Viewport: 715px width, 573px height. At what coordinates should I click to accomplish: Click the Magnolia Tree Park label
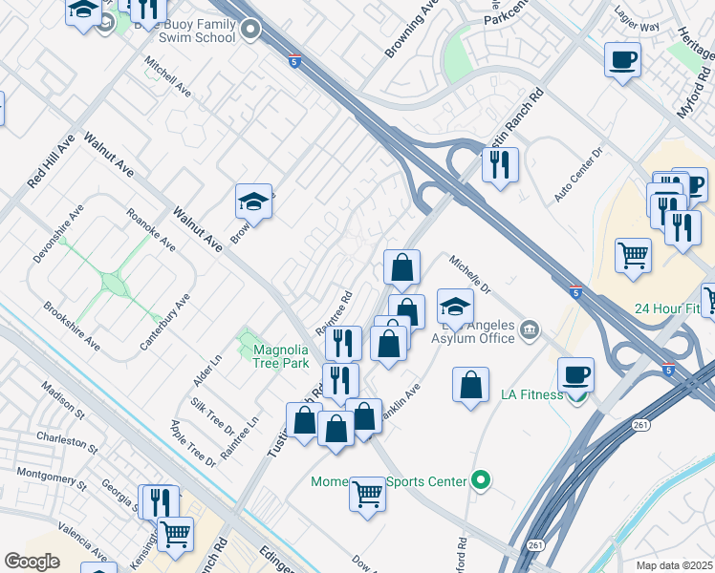(280, 355)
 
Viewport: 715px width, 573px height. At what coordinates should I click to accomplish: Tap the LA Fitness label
(532, 394)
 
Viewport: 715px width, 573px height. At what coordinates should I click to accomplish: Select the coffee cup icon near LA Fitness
(577, 373)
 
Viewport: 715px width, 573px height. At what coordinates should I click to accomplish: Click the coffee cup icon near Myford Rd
(622, 60)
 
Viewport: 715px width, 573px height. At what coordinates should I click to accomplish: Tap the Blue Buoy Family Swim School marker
(251, 31)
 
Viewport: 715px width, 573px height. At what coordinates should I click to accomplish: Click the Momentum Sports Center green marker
(482, 481)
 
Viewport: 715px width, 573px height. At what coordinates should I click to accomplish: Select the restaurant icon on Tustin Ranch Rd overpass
(500, 164)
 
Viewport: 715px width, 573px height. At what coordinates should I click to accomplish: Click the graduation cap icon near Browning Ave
(253, 202)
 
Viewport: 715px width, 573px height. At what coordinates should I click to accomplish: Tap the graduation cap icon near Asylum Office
(455, 306)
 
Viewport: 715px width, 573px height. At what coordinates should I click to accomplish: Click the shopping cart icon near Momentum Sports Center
(367, 494)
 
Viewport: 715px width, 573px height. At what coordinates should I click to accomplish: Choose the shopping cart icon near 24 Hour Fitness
(633, 255)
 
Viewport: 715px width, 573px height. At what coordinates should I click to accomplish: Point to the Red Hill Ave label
(38, 159)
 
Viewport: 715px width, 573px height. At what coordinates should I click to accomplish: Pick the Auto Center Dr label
(580, 173)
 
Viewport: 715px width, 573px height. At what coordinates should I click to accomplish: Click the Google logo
(32, 561)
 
